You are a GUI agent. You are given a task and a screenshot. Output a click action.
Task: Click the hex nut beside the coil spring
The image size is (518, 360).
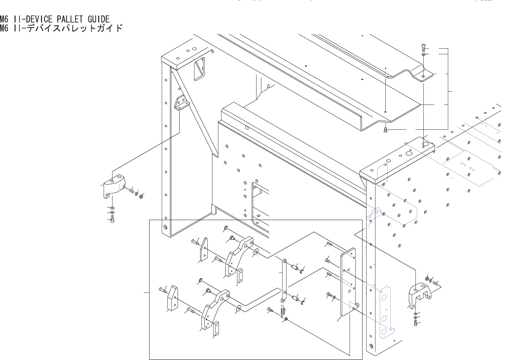click(x=286, y=319)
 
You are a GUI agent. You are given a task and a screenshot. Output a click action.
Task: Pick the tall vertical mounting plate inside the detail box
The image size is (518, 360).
click(x=348, y=283)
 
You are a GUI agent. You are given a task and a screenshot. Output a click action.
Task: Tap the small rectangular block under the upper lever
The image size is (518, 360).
click(x=239, y=274)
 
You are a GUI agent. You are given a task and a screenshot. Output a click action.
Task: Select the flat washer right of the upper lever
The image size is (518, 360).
click(x=256, y=253)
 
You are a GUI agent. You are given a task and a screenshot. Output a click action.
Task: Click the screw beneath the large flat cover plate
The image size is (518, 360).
click(x=385, y=130)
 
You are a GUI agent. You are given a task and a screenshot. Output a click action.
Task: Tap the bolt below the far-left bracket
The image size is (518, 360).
click(x=113, y=218)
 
